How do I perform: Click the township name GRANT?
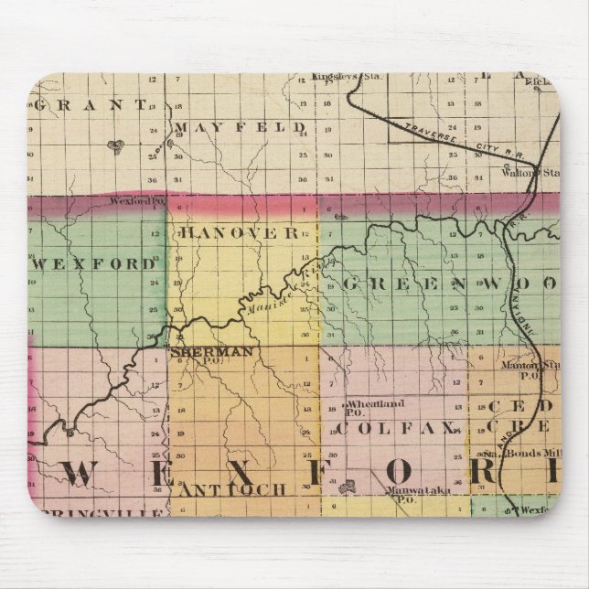pos(89,104)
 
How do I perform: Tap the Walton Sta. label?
pos(530,171)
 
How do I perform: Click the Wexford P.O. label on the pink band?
pos(134,199)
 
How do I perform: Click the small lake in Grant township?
pos(114,145)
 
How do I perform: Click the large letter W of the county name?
pos(81,473)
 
